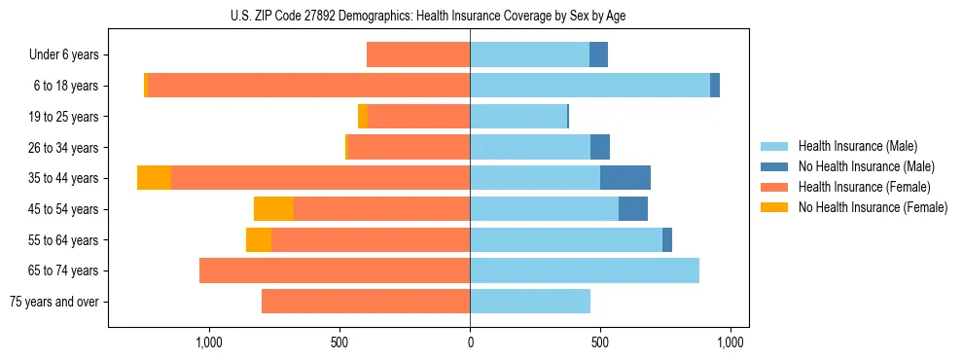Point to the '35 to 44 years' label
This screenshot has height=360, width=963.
(63, 178)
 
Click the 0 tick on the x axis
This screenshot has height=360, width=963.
(470, 342)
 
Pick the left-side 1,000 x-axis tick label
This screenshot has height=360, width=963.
(209, 342)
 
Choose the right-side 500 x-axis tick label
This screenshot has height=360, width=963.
(600, 342)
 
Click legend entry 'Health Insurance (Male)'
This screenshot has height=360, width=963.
(857, 146)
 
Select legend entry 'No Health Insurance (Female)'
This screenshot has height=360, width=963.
(873, 207)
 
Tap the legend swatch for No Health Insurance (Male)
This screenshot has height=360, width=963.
(776, 166)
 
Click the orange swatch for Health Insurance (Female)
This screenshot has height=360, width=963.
(776, 187)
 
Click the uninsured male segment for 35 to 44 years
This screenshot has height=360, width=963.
(625, 178)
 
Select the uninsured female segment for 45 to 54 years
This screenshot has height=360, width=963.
(273, 209)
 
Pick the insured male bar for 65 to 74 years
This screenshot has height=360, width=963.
(585, 270)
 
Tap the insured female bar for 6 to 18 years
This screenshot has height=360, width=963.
(308, 86)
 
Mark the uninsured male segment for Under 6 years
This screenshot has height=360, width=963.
(598, 55)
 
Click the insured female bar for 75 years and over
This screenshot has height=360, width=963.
(366, 302)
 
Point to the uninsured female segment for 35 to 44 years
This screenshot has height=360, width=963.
(154, 178)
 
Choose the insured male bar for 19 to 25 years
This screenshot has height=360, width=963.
(517, 117)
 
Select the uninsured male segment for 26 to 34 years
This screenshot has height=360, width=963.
(600, 148)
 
